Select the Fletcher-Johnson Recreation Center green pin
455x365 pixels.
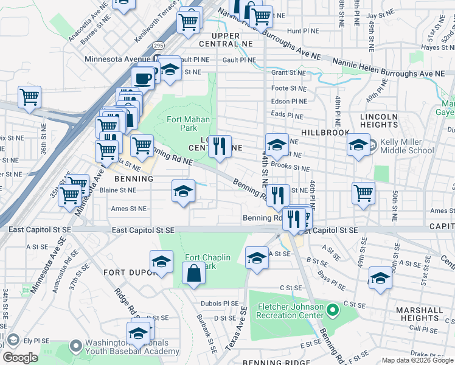(x=332, y=311)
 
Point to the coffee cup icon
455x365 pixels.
(x=143, y=78)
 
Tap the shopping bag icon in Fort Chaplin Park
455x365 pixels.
(x=193, y=274)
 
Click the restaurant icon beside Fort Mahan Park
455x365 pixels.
(x=220, y=146)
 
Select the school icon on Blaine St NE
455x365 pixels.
(x=182, y=192)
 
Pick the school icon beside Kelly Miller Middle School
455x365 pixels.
(x=358, y=145)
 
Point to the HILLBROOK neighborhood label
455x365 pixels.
(x=325, y=132)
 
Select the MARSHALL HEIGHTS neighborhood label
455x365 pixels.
(x=420, y=314)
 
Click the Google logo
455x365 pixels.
(x=21, y=358)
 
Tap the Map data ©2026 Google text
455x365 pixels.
(x=417, y=360)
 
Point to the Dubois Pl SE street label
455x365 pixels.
(x=219, y=303)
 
